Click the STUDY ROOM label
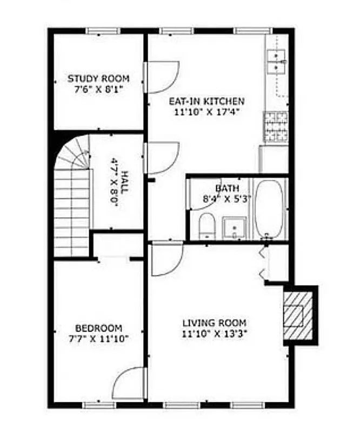pyautogui.click(x=98, y=79)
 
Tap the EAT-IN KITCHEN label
pyautogui.click(x=206, y=101)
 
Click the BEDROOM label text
pyautogui.click(x=98, y=328)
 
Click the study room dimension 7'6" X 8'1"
pyautogui.click(x=98, y=89)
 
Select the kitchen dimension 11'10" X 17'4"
pyautogui.click(x=206, y=112)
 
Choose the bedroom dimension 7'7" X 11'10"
pyautogui.click(x=98, y=339)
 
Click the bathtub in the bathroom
pyautogui.click(x=269, y=208)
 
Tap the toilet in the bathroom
pyautogui.click(x=206, y=226)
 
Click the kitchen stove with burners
pyautogui.click(x=276, y=126)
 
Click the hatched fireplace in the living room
pyautogui.click(x=295, y=315)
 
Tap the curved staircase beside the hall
pyautogui.click(x=71, y=194)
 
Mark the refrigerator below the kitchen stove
pyautogui.click(x=274, y=159)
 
